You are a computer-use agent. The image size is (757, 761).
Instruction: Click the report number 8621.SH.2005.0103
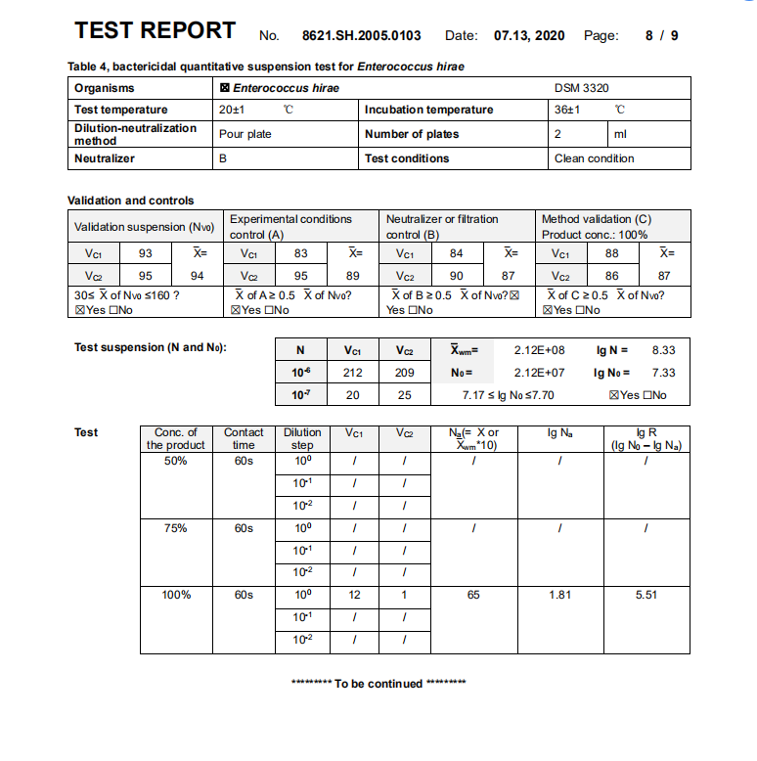[361, 35]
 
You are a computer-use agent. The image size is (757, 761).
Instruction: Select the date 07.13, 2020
[529, 35]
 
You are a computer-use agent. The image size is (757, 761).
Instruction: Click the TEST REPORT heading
[155, 30]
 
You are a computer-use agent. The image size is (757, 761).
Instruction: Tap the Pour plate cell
[245, 134]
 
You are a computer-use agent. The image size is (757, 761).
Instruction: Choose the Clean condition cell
[594, 158]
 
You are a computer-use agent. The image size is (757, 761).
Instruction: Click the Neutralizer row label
[105, 158]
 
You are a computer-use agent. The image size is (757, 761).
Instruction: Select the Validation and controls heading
[130, 201]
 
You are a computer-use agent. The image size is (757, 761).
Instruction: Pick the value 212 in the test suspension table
[354, 373]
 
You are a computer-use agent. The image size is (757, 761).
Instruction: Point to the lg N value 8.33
[663, 349]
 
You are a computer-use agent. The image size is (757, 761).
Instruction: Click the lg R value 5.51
[646, 595]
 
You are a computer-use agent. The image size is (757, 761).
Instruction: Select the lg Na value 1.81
[559, 595]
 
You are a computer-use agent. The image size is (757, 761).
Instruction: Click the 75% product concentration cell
[176, 528]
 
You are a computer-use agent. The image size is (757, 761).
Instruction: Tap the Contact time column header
[244, 438]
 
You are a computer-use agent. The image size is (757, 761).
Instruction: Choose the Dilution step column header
[302, 438]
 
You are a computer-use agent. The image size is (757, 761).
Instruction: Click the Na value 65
[473, 595]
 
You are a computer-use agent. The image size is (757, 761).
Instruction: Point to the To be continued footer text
[378, 684]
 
